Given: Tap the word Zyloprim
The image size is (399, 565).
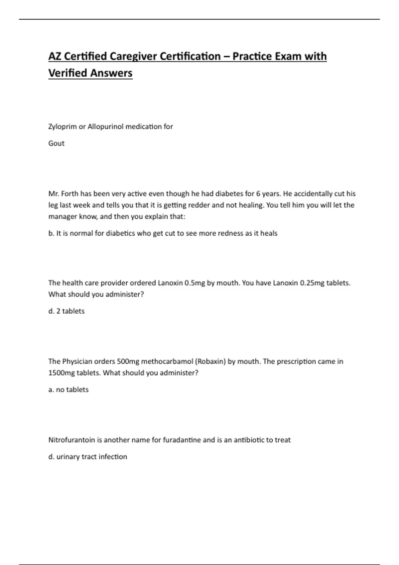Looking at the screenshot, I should tap(62, 127).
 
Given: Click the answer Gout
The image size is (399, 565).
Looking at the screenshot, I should tap(56, 143).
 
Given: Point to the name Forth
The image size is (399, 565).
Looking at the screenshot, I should tap(69, 194).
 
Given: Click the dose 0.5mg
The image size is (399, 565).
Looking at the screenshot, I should tap(195, 283).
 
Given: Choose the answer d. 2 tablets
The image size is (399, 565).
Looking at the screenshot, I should tap(66, 311).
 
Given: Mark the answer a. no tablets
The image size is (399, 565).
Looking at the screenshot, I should tap(68, 390).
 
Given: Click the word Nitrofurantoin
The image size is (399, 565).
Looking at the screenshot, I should tap(72, 440).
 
